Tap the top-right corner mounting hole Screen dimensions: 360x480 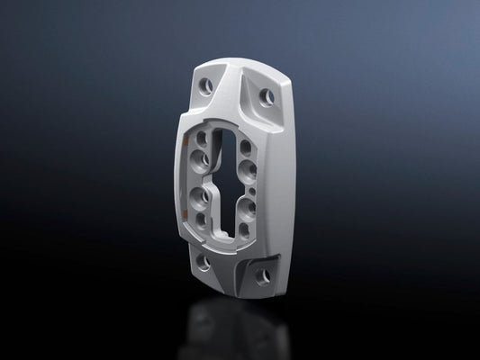267,94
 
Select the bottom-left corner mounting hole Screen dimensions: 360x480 204,263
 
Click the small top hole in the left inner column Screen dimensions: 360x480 202,138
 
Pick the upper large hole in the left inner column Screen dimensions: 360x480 197,159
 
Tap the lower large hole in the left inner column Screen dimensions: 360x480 197,196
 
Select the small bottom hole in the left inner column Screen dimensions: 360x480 201,218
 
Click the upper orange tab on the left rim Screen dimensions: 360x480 190,146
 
